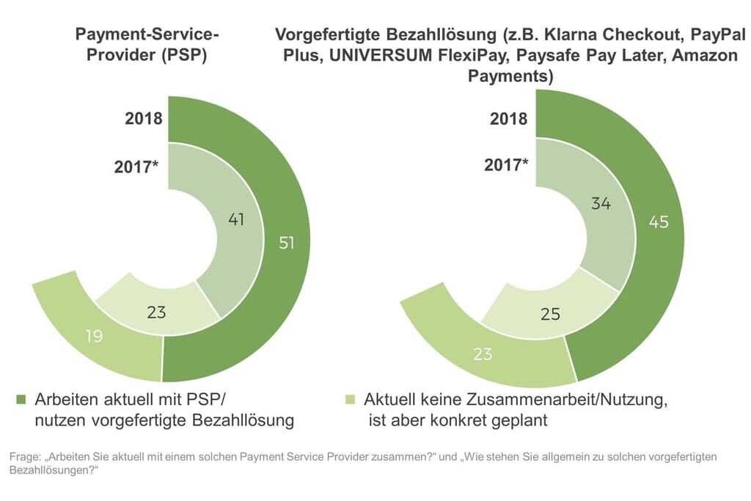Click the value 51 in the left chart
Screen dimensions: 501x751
[x=286, y=242]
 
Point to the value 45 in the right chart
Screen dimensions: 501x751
[x=658, y=221]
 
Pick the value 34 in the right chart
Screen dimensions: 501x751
[x=600, y=204]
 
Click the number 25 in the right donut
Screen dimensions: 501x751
[x=549, y=314]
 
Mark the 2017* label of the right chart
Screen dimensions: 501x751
[x=506, y=165]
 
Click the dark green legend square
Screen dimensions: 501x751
[x=21, y=400]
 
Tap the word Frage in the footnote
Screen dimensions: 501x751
[x=24, y=457]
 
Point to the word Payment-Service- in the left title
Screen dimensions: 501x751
[x=147, y=35]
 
